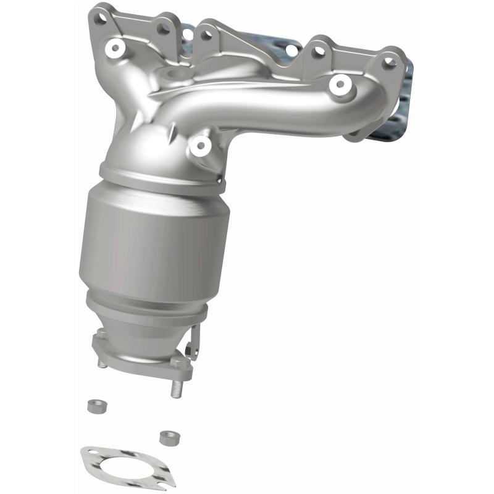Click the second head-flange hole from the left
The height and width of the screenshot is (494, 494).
tap(163, 28)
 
